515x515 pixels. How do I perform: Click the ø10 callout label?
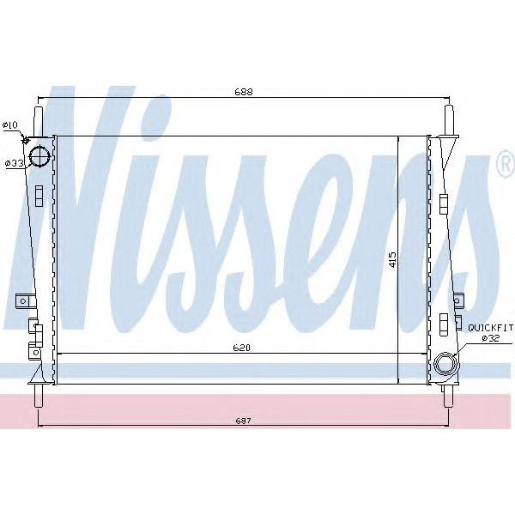click(x=10, y=125)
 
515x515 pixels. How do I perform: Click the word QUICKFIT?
click(x=489, y=327)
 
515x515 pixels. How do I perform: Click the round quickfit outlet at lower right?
click(x=445, y=365)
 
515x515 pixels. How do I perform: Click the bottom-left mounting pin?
click(x=39, y=395)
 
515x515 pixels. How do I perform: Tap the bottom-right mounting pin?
click(x=447, y=395)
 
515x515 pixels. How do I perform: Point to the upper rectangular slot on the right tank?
click(x=443, y=203)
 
